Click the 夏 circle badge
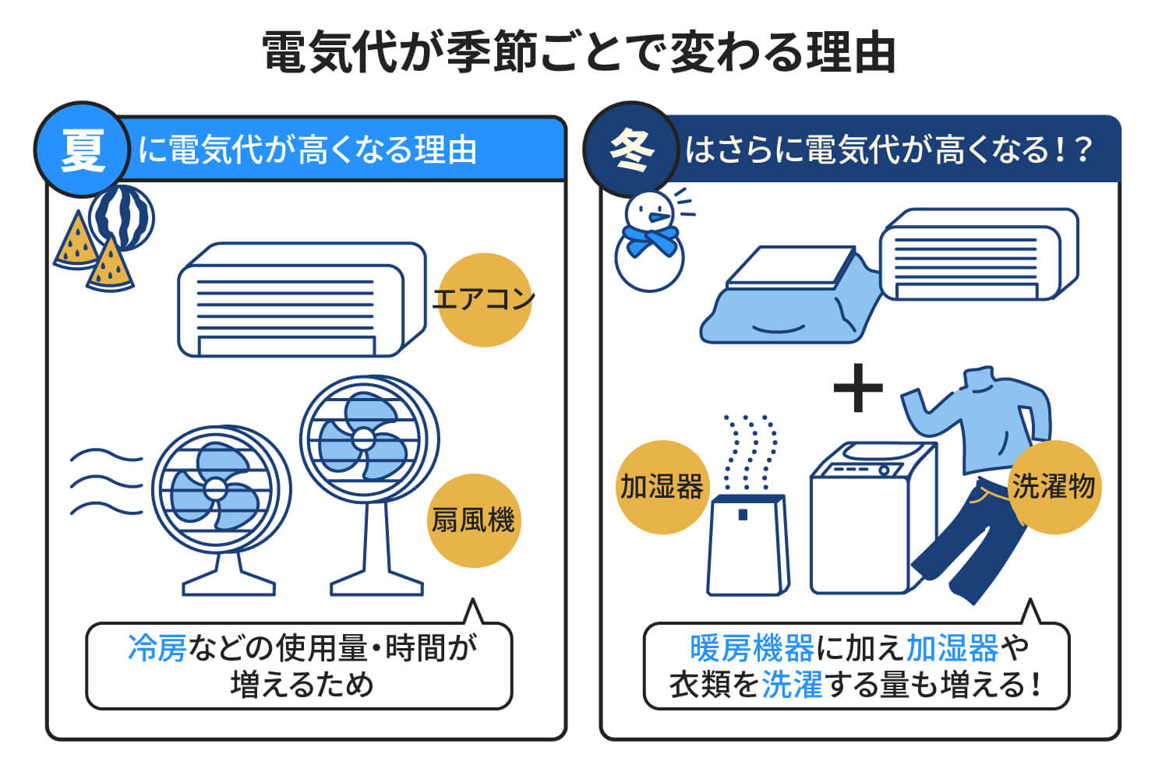(82, 149)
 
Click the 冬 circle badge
(631, 149)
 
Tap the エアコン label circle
(484, 300)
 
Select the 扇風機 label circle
(474, 520)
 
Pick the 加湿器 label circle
(662, 487)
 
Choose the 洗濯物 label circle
(1054, 487)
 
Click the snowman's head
(650, 210)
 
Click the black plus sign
(857, 387)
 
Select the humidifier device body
(747, 545)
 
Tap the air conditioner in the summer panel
(300, 300)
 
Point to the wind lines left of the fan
(105, 483)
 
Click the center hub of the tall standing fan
(362, 438)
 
